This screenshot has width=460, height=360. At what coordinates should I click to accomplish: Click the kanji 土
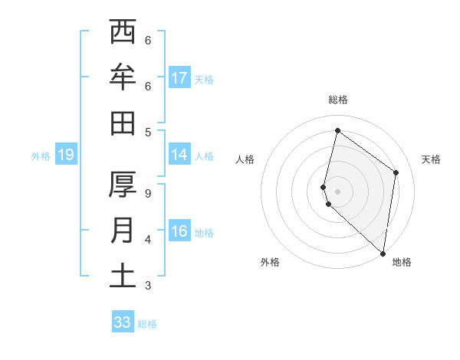(x=123, y=275)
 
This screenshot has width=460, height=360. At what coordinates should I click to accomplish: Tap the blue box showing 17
(x=179, y=78)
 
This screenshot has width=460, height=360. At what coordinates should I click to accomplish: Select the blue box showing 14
(x=179, y=155)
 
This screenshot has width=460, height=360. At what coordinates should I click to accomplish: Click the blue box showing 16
(x=179, y=231)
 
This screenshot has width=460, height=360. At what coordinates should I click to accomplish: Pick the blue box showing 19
(x=66, y=155)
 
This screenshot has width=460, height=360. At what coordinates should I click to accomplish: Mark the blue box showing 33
(x=123, y=322)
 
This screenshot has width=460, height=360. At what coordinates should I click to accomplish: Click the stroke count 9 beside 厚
(x=148, y=194)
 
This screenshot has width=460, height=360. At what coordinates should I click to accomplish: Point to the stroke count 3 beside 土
(x=148, y=286)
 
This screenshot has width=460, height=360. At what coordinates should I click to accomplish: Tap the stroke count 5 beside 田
(x=148, y=132)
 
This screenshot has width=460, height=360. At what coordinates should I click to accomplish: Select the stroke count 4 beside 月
(x=148, y=240)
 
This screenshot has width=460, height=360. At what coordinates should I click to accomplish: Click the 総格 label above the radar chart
(x=338, y=100)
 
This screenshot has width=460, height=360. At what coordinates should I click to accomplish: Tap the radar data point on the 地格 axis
(x=383, y=254)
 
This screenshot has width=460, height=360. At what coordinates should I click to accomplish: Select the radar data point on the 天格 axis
(x=396, y=172)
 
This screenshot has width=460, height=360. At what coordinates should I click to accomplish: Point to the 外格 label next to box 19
(x=41, y=156)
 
